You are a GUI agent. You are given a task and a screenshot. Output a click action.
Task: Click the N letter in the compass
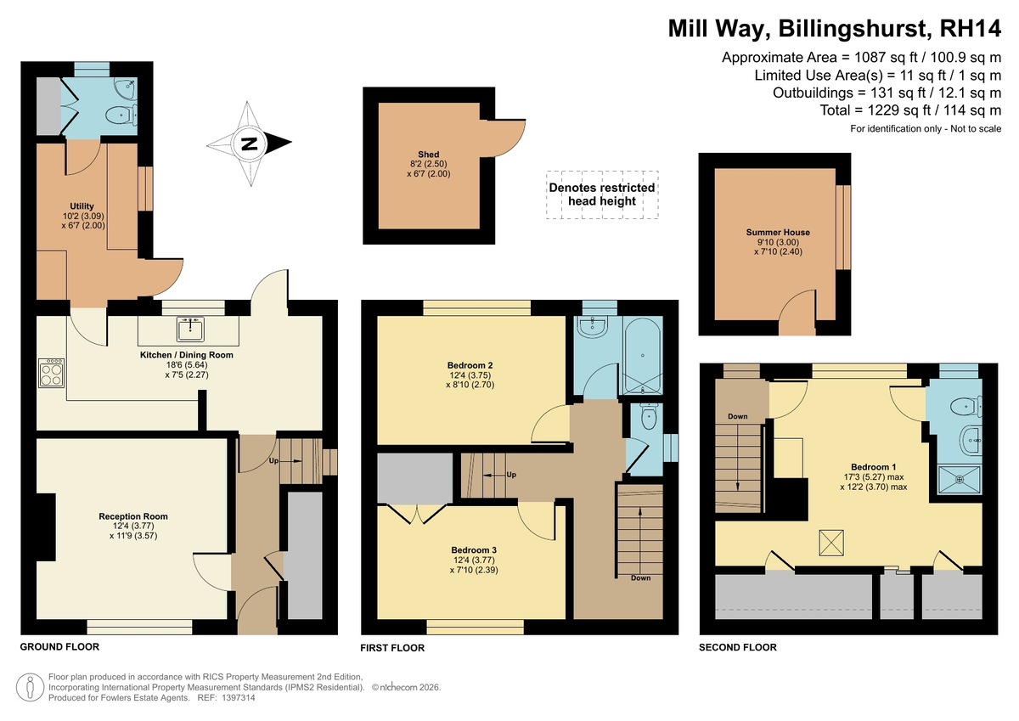click(x=249, y=144)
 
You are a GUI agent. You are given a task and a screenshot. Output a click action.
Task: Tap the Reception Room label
click(x=133, y=516)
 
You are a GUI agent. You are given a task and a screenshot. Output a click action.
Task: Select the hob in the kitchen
click(x=52, y=373)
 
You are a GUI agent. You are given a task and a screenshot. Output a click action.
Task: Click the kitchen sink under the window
click(x=190, y=329)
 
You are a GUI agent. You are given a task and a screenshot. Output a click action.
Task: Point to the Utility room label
click(x=82, y=206)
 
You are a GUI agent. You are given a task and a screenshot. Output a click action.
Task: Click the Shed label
click(x=429, y=155)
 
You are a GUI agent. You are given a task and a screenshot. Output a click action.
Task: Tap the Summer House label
click(x=778, y=232)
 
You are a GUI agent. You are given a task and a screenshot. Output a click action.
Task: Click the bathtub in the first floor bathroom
click(x=643, y=356)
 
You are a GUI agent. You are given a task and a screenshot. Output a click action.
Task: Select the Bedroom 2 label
click(x=470, y=365)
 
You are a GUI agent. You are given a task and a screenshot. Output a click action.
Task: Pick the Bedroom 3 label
click(x=474, y=550)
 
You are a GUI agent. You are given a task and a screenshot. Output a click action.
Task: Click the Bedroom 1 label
click(x=874, y=467)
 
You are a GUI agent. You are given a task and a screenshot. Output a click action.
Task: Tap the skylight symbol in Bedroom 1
click(x=831, y=543)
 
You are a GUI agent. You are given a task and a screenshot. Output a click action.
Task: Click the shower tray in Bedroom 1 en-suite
click(x=960, y=479)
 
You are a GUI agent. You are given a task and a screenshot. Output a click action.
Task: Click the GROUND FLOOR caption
click(x=59, y=646)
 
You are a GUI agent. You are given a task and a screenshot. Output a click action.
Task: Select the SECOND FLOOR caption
click(x=738, y=647)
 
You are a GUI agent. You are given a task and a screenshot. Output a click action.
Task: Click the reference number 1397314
click(x=239, y=698)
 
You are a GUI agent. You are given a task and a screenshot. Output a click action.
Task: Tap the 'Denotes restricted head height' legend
click(x=602, y=194)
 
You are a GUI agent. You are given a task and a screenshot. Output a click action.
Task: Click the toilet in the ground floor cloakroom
click(x=122, y=115)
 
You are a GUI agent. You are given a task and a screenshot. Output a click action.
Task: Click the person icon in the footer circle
click(x=31, y=687)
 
